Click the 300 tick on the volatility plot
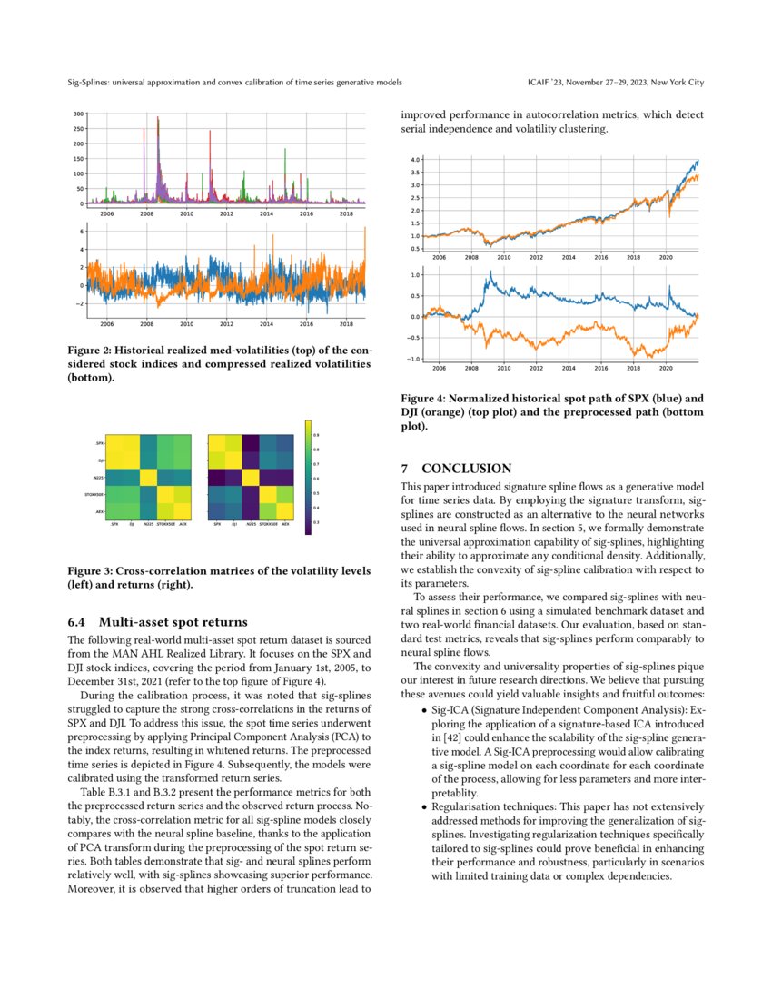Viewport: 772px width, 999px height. point(80,114)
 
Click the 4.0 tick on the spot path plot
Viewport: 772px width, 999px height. point(416,159)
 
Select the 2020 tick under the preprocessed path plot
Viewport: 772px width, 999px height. point(666,369)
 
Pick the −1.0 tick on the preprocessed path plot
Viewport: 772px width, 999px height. point(414,360)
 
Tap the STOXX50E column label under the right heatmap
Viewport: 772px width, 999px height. point(263,525)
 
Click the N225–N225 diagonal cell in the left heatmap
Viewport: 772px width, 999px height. point(149,478)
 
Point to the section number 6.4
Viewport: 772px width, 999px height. point(80,622)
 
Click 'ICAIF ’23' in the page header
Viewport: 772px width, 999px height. point(548,83)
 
